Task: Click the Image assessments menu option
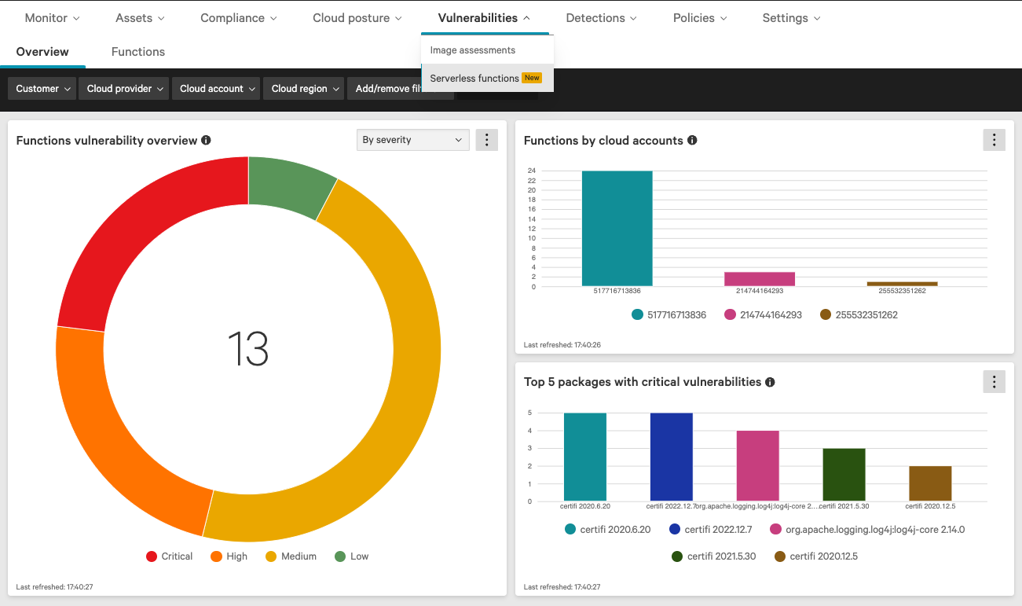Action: click(x=473, y=50)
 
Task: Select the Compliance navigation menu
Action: click(x=238, y=18)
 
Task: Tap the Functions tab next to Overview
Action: click(x=138, y=52)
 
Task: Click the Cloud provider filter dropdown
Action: click(x=124, y=89)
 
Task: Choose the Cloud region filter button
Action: click(x=304, y=89)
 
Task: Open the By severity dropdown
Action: click(x=412, y=140)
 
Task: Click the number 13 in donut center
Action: click(x=248, y=349)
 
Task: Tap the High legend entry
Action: click(x=229, y=556)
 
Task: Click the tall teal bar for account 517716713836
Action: click(x=617, y=229)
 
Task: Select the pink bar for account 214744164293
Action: click(x=760, y=279)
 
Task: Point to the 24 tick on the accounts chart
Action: click(x=532, y=171)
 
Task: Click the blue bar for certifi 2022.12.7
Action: click(x=671, y=457)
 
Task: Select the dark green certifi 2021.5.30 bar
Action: click(x=844, y=475)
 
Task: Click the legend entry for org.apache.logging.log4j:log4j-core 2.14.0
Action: click(x=867, y=530)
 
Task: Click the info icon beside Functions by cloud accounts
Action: click(x=692, y=141)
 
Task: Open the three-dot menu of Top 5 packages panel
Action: click(x=994, y=382)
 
